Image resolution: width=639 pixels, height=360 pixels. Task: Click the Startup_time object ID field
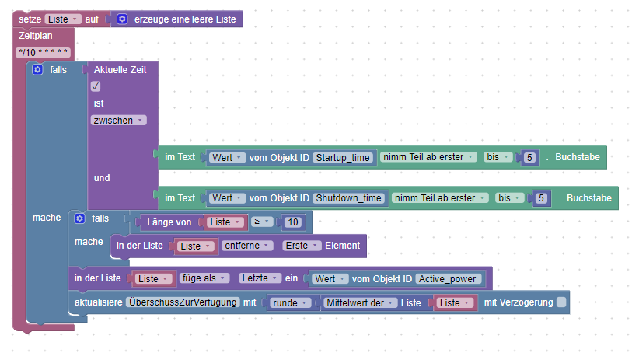tap(344, 157)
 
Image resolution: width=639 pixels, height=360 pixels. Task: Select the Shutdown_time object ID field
tap(349, 198)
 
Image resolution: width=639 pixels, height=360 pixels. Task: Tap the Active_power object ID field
tap(449, 278)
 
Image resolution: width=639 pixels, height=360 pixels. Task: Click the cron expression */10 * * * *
tap(44, 52)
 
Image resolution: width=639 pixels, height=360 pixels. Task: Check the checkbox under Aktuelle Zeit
tap(96, 86)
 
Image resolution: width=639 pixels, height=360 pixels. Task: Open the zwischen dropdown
tap(118, 121)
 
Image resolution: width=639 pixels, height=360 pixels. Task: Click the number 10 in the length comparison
tap(292, 222)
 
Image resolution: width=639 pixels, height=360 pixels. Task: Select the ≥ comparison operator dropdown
tap(261, 222)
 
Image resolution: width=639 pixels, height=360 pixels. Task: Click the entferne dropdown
tap(247, 246)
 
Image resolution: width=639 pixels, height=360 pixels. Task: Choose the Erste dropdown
tap(302, 246)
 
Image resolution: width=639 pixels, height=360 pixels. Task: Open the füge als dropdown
tap(204, 278)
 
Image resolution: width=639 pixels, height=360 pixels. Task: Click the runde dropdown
tap(291, 302)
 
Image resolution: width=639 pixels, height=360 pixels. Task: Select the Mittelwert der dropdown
tap(360, 302)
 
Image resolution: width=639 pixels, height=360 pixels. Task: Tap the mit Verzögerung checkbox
tap(561, 302)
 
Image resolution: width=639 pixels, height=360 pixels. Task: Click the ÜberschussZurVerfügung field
tap(183, 302)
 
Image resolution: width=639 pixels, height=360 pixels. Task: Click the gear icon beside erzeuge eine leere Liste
tap(121, 18)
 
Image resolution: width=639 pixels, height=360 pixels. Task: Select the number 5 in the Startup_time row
tap(530, 157)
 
